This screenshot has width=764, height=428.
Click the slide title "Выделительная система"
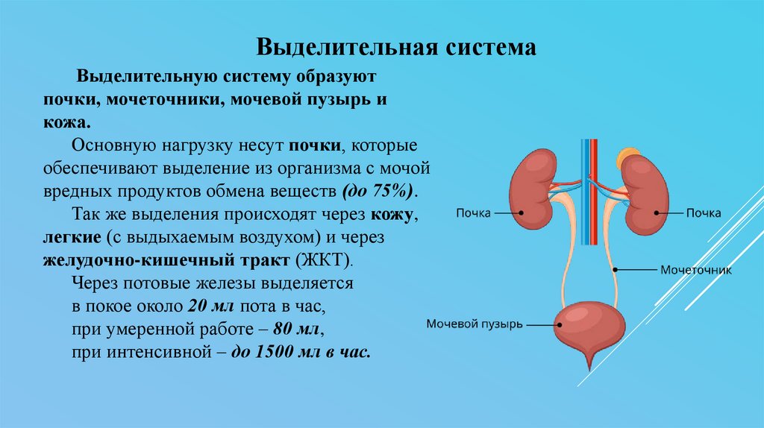396,47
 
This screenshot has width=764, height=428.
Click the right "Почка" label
703,213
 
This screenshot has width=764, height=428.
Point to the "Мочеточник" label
695,270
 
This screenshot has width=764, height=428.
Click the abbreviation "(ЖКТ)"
324,262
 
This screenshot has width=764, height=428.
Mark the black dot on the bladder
558,324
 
